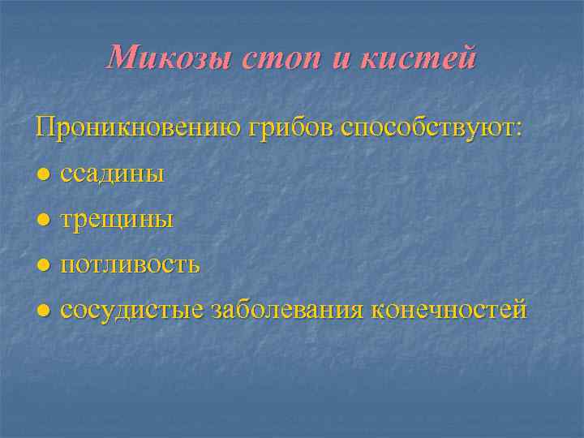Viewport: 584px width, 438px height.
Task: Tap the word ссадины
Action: coord(113,174)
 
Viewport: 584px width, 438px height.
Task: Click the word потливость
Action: coord(131,264)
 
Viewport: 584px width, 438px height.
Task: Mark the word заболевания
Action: coord(287,310)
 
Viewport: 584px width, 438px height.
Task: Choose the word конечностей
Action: coord(449,310)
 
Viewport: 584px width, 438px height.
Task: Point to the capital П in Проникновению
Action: coord(45,127)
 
